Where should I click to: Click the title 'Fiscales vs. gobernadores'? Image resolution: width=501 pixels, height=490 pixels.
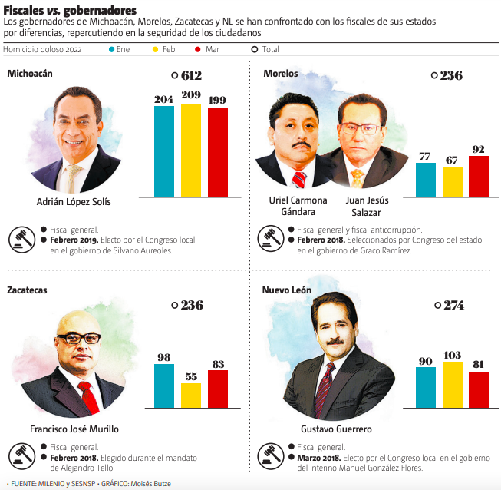click(71, 10)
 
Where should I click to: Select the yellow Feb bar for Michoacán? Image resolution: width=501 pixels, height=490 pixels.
click(191, 150)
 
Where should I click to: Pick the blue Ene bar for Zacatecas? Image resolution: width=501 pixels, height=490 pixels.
click(164, 386)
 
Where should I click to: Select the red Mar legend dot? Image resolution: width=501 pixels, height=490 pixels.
click(198, 49)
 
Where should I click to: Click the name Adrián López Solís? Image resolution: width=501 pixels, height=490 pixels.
click(74, 202)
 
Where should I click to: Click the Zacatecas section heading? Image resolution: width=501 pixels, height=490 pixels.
click(28, 290)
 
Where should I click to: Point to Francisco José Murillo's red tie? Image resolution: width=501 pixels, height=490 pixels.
click(89, 396)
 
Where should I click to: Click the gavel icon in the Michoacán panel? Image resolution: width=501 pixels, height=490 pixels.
click(21, 240)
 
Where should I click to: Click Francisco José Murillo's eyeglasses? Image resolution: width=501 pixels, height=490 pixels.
click(79, 338)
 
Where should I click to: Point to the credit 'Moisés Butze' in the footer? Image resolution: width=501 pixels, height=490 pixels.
click(151, 484)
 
